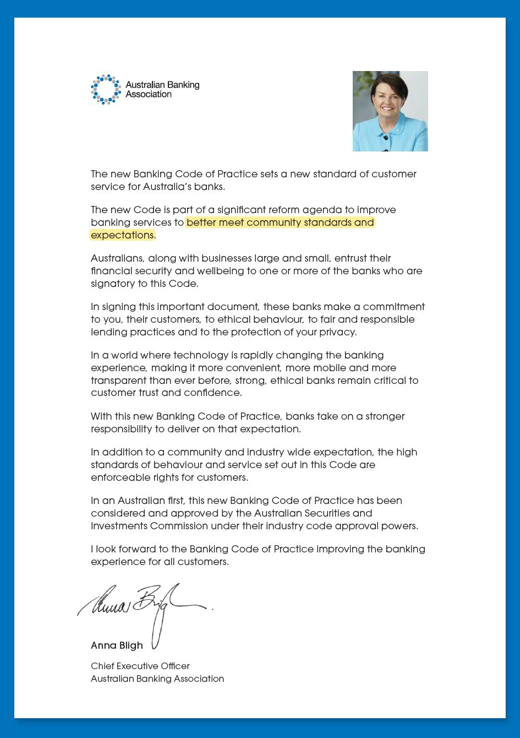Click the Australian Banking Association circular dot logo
106,89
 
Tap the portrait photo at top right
390,111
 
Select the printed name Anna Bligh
117,645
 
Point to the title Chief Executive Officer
140,666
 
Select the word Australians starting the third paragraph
117,258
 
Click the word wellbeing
212,271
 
